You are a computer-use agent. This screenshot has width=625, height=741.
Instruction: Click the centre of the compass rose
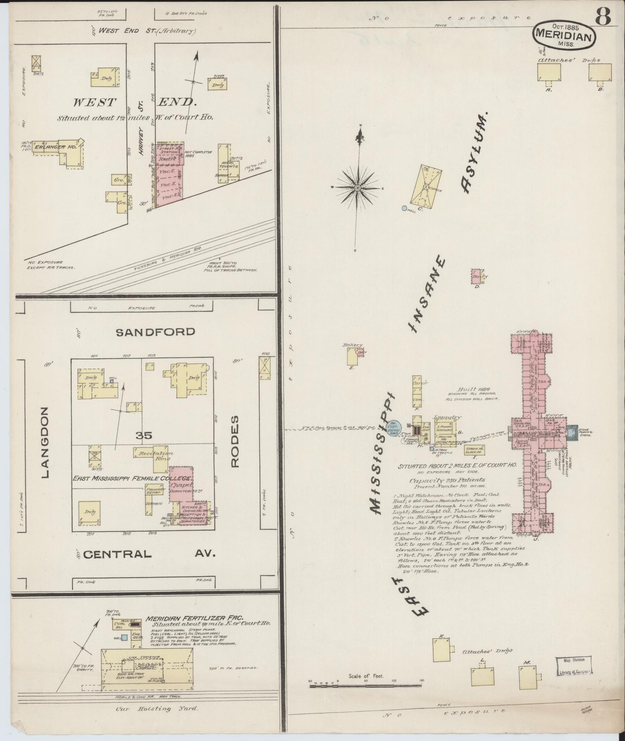[357, 188]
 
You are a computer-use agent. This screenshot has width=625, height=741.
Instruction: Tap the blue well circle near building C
[404, 208]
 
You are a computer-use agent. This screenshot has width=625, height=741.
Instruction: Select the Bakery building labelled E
[352, 356]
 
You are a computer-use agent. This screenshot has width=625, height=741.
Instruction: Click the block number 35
[144, 436]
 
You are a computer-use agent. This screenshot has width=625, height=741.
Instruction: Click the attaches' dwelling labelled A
[549, 72]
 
